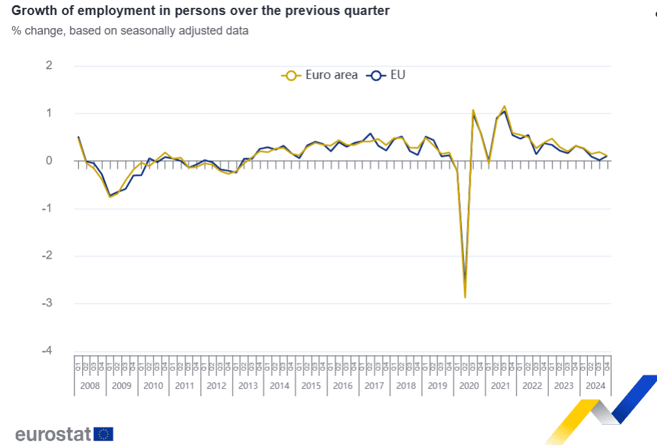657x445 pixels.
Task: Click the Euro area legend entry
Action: (319, 75)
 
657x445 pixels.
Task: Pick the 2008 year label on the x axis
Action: (90, 386)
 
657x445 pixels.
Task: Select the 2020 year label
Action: (469, 386)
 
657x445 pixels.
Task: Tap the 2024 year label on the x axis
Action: (595, 386)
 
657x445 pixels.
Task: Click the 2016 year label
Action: (343, 386)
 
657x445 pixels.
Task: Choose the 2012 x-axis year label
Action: (216, 386)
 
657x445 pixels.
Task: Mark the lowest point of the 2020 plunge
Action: (465, 297)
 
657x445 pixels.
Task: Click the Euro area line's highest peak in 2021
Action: (504, 106)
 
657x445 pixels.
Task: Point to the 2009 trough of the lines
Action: (109, 196)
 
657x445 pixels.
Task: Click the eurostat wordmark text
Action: (53, 434)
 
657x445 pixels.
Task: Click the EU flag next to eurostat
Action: (104, 434)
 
